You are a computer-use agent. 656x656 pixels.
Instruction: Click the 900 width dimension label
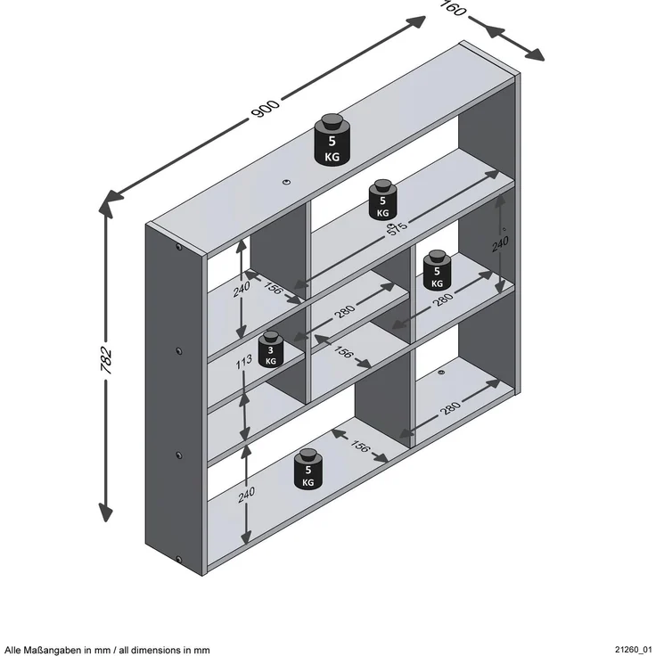coord(265,109)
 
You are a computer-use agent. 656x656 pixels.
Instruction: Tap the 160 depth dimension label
coord(454,7)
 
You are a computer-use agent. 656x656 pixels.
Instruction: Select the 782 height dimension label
coord(106,360)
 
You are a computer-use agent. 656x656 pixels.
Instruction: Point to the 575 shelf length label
coord(397,228)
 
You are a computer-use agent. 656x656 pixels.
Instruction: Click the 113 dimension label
coord(243,362)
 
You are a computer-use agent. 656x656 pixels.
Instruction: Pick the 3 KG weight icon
coord(271,349)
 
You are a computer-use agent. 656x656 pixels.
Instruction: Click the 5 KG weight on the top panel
coord(332,139)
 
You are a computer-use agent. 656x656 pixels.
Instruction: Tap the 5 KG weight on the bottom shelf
coord(307,469)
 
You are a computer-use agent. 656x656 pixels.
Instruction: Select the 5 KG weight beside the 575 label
coord(382,200)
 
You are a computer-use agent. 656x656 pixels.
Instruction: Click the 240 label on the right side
coord(500,244)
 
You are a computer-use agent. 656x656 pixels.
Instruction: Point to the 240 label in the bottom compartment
coord(246,495)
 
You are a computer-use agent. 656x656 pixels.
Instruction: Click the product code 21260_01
coord(633,649)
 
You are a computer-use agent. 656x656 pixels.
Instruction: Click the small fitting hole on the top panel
coord(286,182)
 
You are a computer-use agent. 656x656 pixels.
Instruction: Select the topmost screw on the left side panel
coord(179,247)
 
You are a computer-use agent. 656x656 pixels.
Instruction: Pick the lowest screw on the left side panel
coord(179,560)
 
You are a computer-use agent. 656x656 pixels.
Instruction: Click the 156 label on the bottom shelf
coord(360,446)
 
